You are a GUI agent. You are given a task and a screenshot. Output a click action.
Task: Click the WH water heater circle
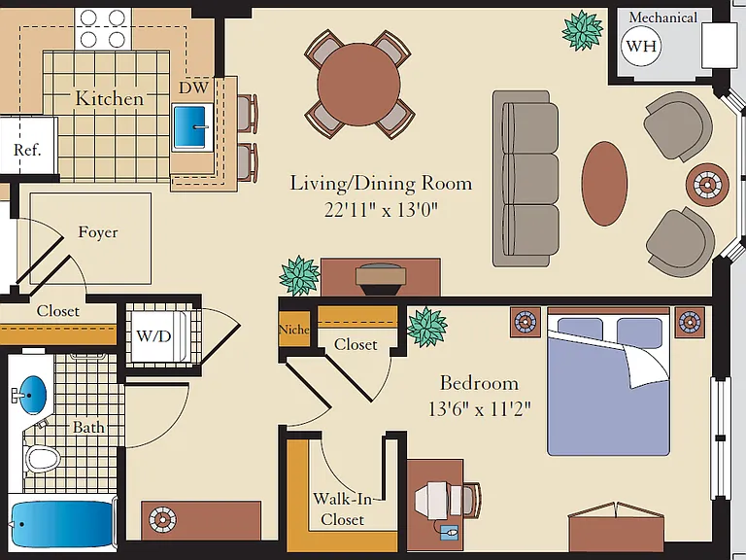click(641, 47)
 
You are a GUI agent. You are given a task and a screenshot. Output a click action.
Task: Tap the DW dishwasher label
click(193, 87)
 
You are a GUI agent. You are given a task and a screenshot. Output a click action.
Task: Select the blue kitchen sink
click(189, 126)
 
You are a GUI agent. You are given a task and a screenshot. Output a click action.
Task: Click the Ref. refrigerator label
click(27, 150)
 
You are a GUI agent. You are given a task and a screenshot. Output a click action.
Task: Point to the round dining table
click(358, 85)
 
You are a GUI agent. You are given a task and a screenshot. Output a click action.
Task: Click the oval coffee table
click(604, 184)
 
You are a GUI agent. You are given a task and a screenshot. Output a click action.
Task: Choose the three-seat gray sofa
click(526, 179)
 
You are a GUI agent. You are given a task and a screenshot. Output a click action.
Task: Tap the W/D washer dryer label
click(153, 336)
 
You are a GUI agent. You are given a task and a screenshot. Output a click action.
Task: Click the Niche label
click(293, 329)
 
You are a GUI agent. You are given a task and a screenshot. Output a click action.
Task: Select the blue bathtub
click(61, 524)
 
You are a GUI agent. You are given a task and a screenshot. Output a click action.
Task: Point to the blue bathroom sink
click(31, 395)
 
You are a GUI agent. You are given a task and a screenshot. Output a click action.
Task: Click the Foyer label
click(97, 232)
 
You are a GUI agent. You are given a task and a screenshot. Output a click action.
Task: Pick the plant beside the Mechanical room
click(583, 30)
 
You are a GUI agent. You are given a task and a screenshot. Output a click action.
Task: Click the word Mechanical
click(663, 17)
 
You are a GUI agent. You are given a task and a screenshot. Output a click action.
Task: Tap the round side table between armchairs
click(707, 185)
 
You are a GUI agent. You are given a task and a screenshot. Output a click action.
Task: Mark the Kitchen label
click(109, 98)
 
